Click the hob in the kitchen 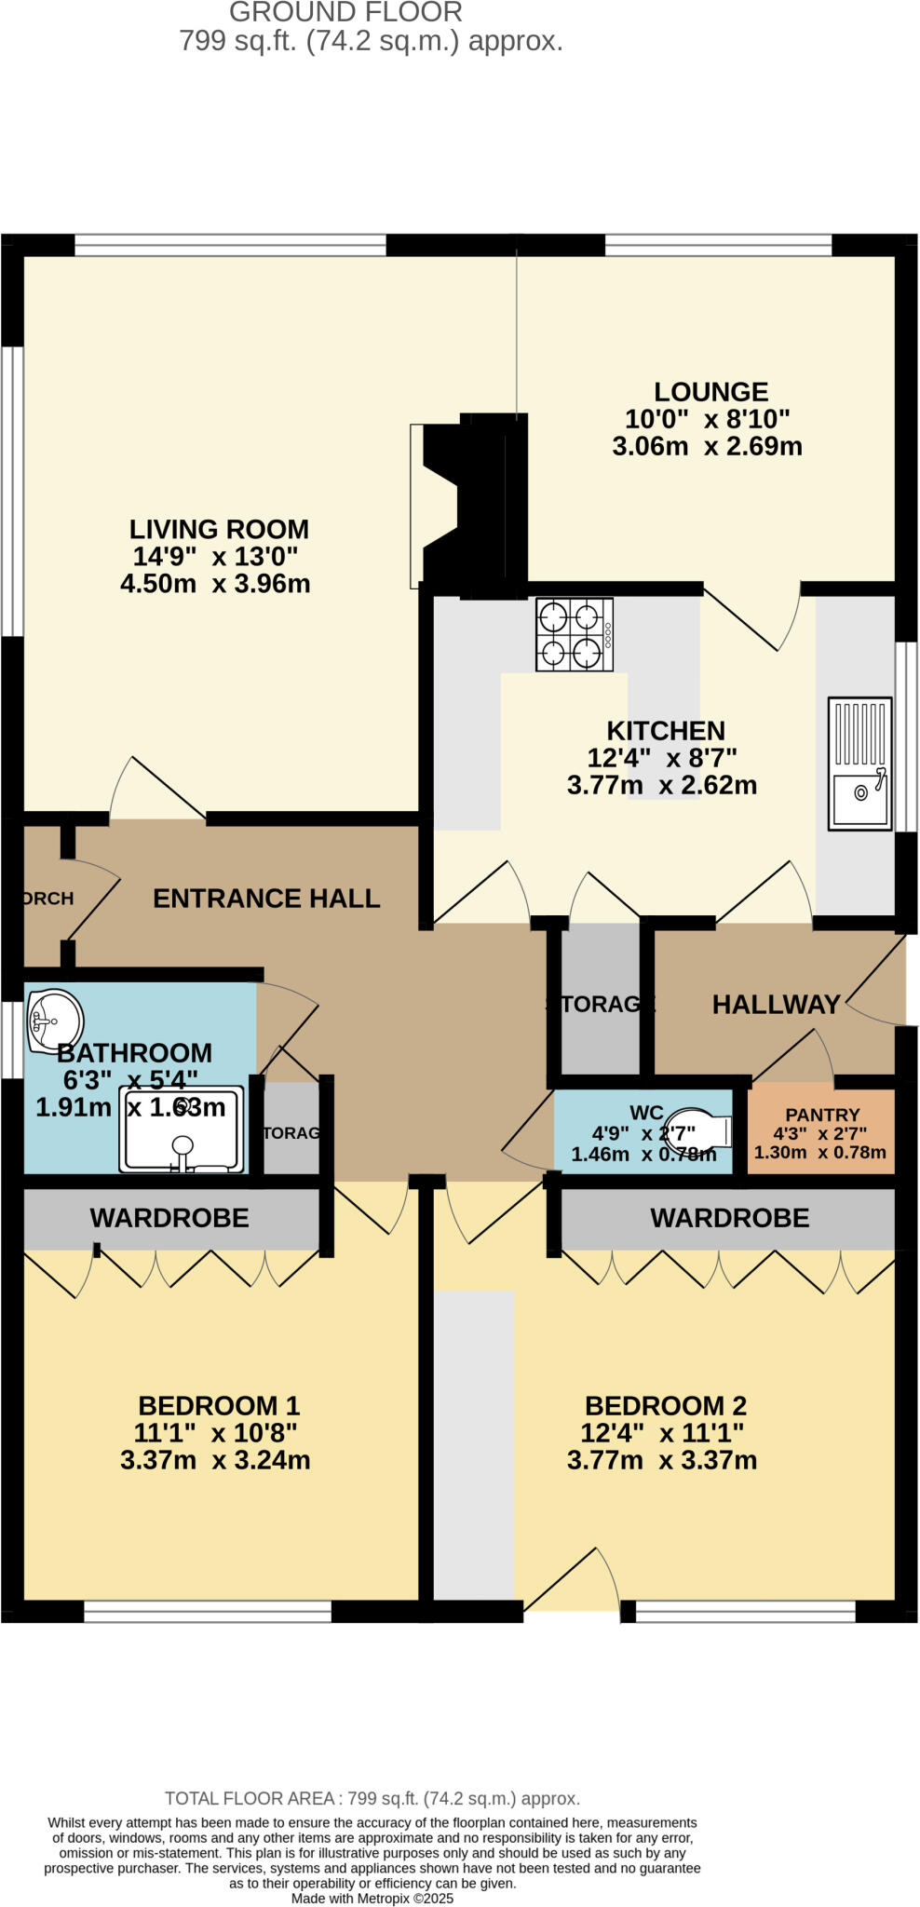tap(574, 634)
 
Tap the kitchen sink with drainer tap(859, 764)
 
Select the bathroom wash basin tap(54, 1021)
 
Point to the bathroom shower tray tap(182, 1129)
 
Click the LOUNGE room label tap(710, 392)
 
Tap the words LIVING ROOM tap(219, 529)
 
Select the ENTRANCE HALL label tap(266, 899)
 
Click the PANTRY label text tap(822, 1115)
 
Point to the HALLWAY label tap(776, 1005)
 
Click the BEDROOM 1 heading tap(219, 1405)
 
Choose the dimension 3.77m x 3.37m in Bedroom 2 tap(661, 1460)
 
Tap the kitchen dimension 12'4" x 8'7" tap(661, 758)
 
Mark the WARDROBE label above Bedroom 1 tap(169, 1218)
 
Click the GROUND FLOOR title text tap(345, 13)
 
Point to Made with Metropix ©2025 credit tap(372, 1898)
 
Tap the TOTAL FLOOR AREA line tap(372, 1798)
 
